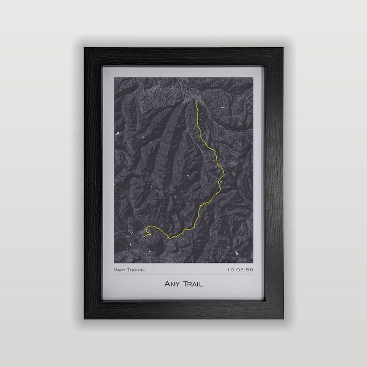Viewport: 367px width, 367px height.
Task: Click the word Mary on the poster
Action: [x=120, y=270]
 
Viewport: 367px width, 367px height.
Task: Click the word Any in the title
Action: [x=171, y=284]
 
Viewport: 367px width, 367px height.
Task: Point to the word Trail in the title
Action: [x=192, y=284]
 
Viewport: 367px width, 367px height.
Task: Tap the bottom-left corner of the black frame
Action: [x=85, y=318]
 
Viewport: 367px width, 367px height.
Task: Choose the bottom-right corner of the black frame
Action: [x=282, y=318]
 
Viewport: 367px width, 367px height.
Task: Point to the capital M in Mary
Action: [x=115, y=270]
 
